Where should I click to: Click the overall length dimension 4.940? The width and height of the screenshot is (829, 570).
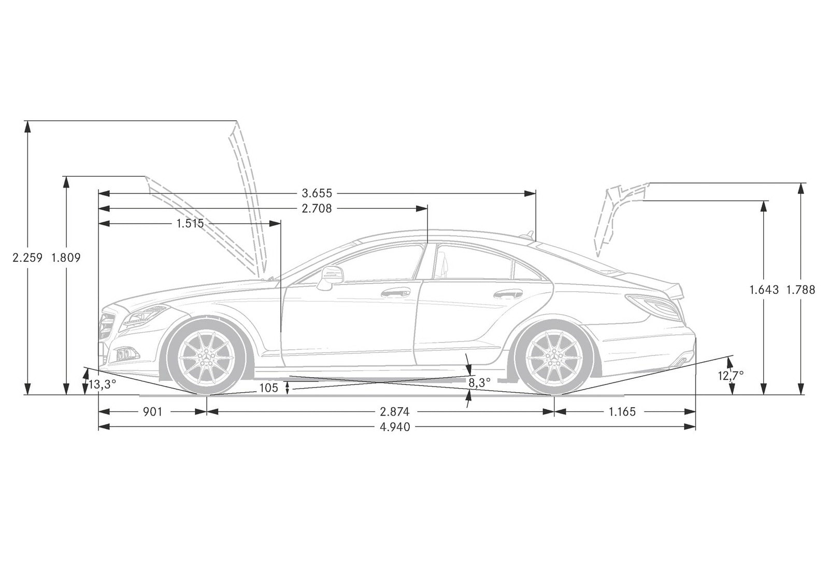tap(395, 427)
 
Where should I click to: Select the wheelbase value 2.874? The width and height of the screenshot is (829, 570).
tap(395, 411)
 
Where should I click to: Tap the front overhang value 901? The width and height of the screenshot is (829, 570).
tap(152, 411)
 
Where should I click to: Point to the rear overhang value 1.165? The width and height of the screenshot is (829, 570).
tap(622, 411)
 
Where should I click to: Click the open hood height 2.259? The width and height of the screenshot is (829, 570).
tap(27, 258)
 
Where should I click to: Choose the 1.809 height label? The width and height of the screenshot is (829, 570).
tap(66, 258)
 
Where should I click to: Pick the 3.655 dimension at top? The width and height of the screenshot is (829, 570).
tap(317, 193)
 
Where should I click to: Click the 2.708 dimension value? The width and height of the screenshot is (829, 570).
tap(317, 209)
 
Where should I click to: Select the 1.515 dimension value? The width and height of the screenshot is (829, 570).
tap(190, 223)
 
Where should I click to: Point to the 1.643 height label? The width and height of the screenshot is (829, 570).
tap(764, 290)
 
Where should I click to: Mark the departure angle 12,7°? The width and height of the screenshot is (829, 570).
tap(731, 376)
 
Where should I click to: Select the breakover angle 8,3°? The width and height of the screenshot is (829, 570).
tap(480, 383)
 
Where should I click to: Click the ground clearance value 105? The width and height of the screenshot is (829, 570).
tap(268, 388)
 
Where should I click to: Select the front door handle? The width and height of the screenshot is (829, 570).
tap(396, 293)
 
